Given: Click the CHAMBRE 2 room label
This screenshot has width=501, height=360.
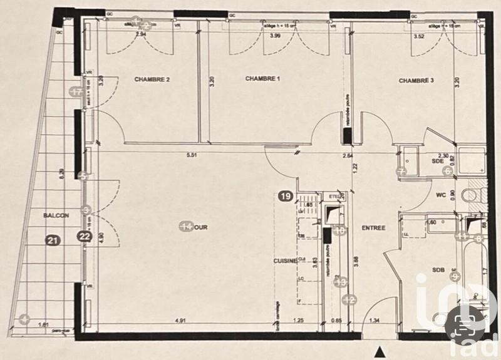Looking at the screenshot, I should (x=153, y=80).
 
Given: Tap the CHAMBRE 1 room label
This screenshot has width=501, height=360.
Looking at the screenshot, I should (x=263, y=79).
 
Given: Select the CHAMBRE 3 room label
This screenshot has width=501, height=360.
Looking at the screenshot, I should (x=416, y=80).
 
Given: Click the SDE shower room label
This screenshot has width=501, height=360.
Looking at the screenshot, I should (x=438, y=161).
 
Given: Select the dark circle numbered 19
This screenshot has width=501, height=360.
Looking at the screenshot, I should (x=285, y=197).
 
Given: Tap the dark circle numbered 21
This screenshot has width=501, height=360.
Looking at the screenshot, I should (x=54, y=239).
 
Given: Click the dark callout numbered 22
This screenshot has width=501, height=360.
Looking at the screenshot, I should (x=85, y=237).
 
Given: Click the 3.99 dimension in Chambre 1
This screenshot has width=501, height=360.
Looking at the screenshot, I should (x=274, y=37).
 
